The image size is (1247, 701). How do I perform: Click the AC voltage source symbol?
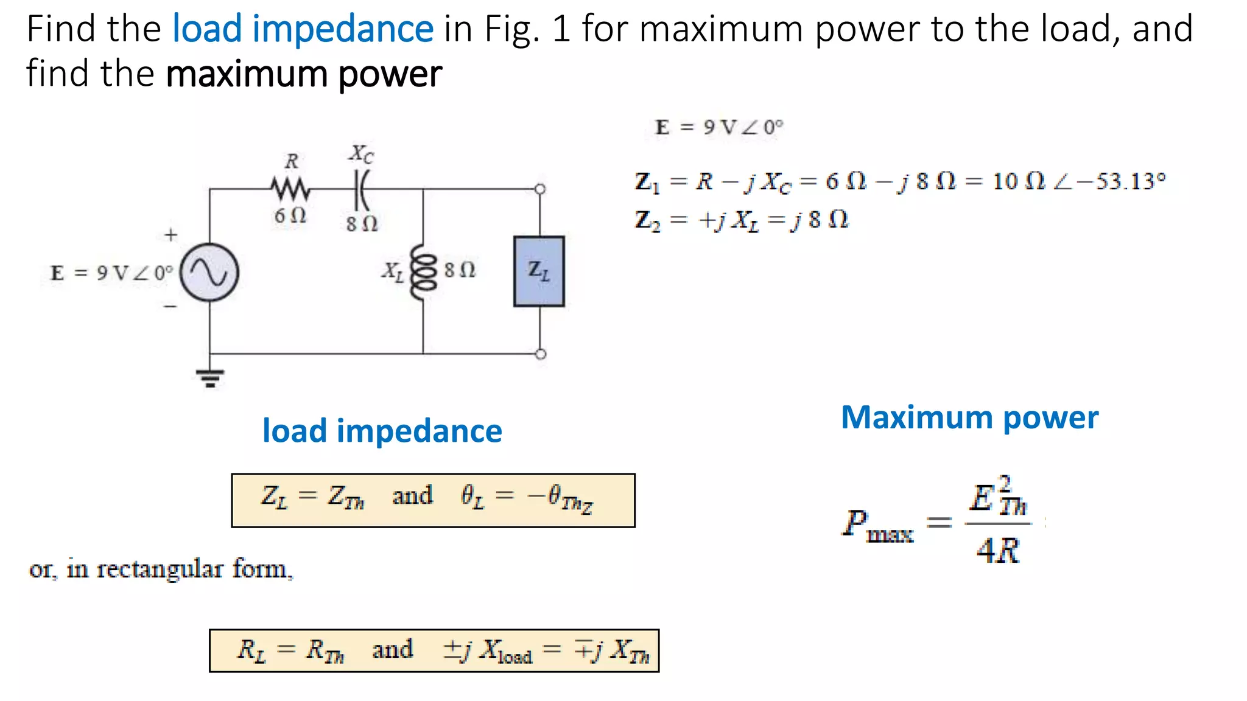coord(209,272)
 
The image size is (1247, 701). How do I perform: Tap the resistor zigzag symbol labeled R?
coord(290,189)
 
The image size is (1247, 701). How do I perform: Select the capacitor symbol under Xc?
coord(362,189)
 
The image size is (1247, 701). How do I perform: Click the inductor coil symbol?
coord(424,272)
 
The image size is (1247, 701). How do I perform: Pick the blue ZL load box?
coord(539,271)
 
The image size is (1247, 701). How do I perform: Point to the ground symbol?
coord(209,378)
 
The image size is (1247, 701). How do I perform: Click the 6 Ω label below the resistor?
coord(290,215)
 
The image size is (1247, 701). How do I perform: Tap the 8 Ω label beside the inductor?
coord(460,270)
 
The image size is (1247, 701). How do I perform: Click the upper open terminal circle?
coord(540,189)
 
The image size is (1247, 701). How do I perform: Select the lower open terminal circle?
coord(540,354)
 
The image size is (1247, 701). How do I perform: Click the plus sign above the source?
coord(171,234)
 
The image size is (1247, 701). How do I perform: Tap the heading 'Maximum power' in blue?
coord(969,418)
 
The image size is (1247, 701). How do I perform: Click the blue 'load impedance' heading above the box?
coord(382,431)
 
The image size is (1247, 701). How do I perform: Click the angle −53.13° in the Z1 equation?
coord(1120,181)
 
